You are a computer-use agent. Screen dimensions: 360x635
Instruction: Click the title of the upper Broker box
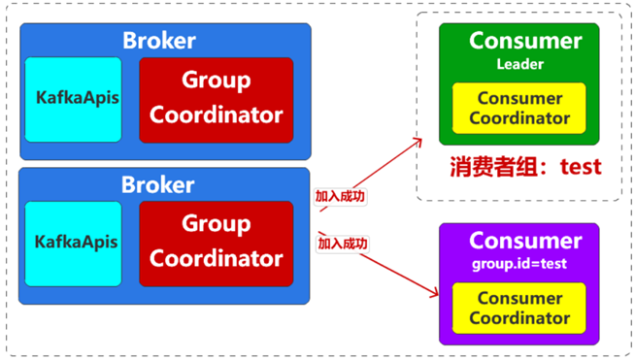coord(158,41)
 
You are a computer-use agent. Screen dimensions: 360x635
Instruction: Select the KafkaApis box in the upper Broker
coord(73,100)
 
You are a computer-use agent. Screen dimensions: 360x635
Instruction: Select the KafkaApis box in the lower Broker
coord(73,244)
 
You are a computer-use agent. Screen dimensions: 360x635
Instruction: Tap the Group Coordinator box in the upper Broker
coord(216,100)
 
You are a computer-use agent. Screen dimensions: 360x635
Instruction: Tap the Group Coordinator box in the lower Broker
coord(216,243)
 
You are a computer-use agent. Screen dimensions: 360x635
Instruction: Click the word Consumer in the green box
coord(525,41)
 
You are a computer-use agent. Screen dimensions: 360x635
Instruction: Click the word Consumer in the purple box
coord(525,241)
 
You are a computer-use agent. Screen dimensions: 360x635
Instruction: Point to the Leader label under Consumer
coord(520,65)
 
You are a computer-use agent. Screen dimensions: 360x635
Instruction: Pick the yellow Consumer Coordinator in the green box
coord(519,109)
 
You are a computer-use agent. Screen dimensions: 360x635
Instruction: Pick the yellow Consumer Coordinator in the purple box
coord(519,308)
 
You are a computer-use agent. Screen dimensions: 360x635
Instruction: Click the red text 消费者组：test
coord(525,166)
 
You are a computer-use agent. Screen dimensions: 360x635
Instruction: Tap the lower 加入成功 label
coord(344,243)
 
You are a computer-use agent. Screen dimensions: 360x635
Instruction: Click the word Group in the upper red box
coord(216,81)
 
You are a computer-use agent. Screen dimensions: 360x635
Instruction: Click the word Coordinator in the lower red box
coord(216,259)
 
